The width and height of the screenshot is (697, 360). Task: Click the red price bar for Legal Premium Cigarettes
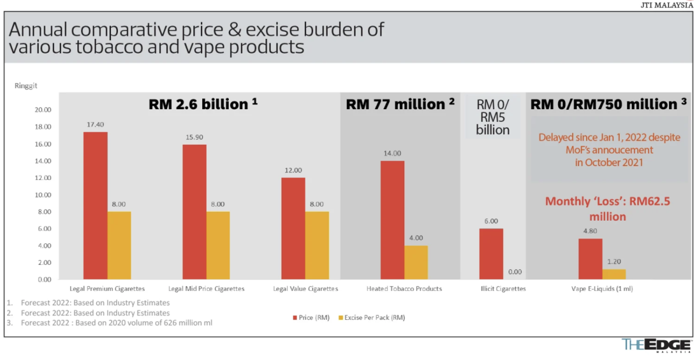(x=95, y=206)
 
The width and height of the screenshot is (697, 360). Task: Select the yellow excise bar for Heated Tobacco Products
(x=416, y=262)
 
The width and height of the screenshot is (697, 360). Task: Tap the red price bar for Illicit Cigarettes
(x=491, y=254)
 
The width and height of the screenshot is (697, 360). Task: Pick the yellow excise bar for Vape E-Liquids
(x=614, y=274)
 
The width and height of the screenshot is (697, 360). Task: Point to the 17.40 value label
(x=95, y=125)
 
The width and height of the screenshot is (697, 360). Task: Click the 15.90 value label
(x=194, y=138)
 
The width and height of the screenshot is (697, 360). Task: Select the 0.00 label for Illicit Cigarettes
(x=515, y=272)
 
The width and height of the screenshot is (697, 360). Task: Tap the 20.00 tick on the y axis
(x=44, y=110)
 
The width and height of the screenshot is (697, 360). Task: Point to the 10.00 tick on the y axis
(x=44, y=195)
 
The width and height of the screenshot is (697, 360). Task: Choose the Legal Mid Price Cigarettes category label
(x=206, y=289)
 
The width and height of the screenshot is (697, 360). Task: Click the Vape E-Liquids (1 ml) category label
(x=602, y=289)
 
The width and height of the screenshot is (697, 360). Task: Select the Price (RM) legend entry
(x=314, y=318)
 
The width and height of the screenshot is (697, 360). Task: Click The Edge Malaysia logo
(x=656, y=344)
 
